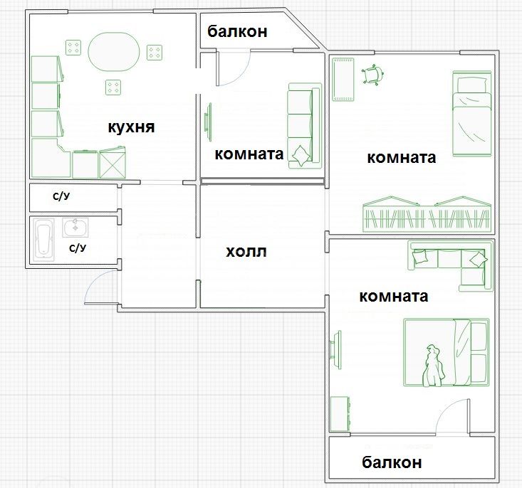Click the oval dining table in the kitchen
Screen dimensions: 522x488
pos(113,51)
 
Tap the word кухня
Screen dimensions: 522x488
pos(131,127)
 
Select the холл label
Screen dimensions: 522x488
pos(246,252)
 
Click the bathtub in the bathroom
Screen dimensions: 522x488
pos(43,240)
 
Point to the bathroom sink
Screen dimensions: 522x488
pos(75,228)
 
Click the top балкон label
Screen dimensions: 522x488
pos(237,31)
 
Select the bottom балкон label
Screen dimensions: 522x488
pos(392,462)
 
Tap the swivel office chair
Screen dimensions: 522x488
pos(372,75)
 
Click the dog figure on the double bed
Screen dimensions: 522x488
pos(433,366)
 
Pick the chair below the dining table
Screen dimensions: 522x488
pos(113,87)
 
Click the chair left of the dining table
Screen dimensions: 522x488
pos(73,48)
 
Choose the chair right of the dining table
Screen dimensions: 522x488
pos(155,53)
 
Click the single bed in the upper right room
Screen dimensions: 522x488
pos(471,113)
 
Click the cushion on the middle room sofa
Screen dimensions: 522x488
pos(302,155)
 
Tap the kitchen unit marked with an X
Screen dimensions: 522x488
pos(113,162)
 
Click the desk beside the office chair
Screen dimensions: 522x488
pos(343,79)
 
